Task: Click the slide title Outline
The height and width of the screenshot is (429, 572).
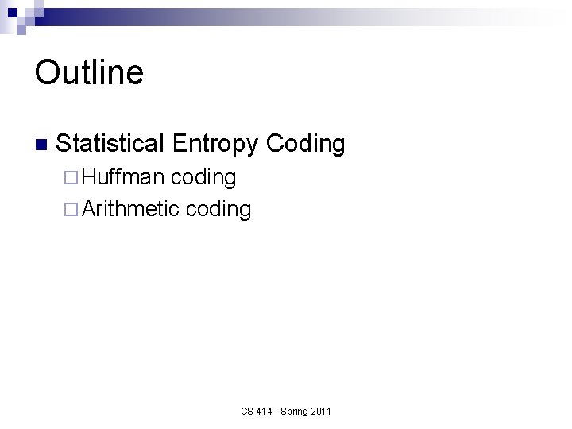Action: pos(89,72)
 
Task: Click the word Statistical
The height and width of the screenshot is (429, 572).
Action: pos(110,144)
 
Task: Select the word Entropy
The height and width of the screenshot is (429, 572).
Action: pos(214,144)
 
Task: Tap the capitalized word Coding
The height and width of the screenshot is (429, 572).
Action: pos(305,144)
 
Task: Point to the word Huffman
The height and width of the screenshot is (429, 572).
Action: pos(123,177)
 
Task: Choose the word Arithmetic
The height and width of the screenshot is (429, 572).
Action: pos(130,210)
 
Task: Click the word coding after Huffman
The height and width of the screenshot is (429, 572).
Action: pos(203,177)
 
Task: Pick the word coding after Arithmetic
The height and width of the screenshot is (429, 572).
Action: pos(218,210)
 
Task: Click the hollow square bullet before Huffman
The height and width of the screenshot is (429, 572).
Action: pos(69,178)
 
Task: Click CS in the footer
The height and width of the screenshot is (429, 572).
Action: pos(247,411)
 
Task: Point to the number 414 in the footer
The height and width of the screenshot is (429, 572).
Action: pos(264,411)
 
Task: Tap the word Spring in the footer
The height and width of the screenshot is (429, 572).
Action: pos(294,411)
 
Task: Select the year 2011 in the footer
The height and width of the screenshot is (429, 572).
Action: pos(322,411)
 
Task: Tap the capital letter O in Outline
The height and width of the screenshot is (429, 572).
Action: pos(46,72)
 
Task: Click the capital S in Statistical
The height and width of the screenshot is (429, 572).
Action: pos(64,144)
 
